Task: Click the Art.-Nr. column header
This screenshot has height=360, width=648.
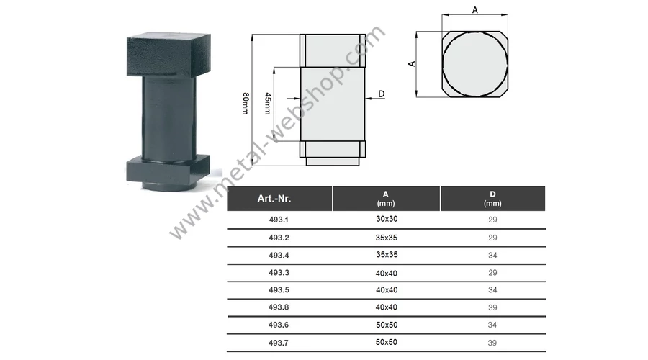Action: tap(274, 199)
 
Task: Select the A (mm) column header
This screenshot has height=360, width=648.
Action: tap(386, 199)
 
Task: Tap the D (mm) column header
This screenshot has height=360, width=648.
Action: tap(492, 199)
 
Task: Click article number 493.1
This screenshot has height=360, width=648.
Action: tap(279, 220)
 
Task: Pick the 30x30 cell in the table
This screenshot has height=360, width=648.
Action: tap(387, 219)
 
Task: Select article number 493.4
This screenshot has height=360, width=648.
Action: tap(279, 256)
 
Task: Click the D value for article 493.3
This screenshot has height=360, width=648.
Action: tap(492, 273)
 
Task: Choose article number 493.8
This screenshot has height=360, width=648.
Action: tap(279, 307)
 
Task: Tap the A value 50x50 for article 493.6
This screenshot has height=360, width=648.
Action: tap(387, 325)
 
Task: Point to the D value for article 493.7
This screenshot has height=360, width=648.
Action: tap(492, 343)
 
